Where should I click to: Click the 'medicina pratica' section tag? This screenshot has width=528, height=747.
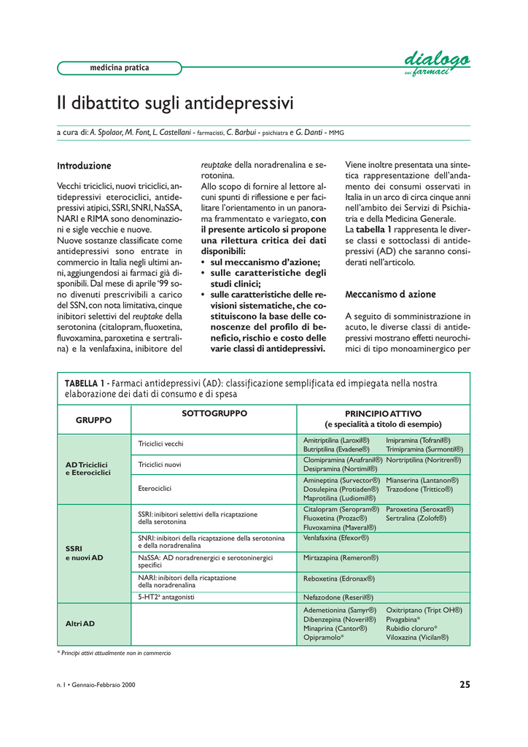coord(119,68)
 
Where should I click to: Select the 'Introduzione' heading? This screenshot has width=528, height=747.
coord(84,166)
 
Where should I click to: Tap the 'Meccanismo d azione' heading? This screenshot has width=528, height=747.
coord(390,294)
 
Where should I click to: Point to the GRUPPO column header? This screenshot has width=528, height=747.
coord(93,420)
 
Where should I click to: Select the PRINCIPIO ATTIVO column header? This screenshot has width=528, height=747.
coord(383,419)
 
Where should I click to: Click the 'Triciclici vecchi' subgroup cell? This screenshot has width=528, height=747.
coord(161,444)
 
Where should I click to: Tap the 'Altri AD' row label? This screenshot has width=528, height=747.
coord(80,624)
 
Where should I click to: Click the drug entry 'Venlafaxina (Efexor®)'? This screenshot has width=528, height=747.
coord(335,538)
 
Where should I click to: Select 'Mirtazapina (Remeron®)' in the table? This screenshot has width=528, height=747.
coord(341,557)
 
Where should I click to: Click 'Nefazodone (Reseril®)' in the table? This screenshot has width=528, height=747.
coord(338,597)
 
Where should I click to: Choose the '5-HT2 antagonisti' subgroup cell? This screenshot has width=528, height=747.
coord(166,597)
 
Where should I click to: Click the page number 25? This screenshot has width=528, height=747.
coord(465,684)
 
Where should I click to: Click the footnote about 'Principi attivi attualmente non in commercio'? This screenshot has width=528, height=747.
coord(114,653)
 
